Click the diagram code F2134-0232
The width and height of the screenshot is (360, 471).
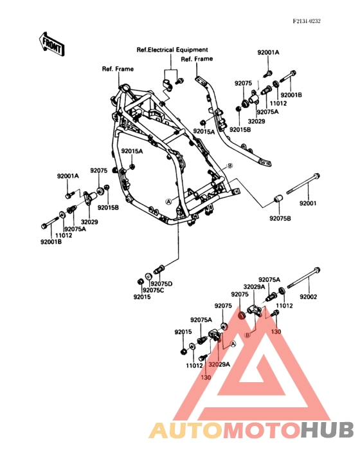307,21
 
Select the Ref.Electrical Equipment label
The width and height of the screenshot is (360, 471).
172,50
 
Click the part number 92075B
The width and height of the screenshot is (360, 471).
280,218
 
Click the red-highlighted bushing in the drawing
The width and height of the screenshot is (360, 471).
242,315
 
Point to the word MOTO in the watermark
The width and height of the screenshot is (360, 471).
260,430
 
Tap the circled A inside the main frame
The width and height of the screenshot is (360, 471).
169,201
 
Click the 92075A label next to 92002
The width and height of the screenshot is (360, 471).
270,280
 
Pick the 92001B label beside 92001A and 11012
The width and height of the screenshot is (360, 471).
290,95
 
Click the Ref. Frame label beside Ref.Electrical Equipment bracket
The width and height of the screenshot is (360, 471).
197,59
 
